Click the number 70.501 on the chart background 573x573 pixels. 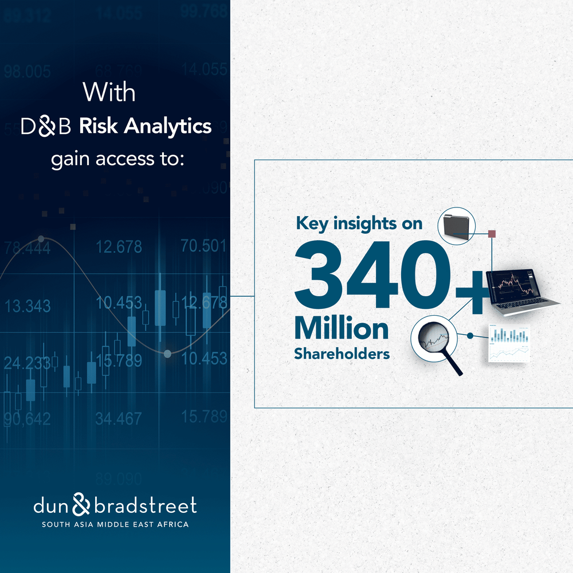click(204, 246)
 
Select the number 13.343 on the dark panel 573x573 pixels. click(27, 306)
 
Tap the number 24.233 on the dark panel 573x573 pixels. click(27, 363)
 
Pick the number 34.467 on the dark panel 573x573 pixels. click(119, 419)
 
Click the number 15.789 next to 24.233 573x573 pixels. click(119, 361)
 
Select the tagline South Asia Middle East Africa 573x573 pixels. click(115, 524)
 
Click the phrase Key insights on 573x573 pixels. click(359, 224)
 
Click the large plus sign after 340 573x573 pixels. click(471, 292)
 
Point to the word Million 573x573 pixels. click(342, 329)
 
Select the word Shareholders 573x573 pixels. click(342, 354)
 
